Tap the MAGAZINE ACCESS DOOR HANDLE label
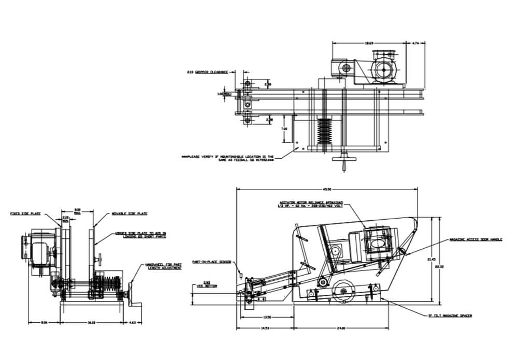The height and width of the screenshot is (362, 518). pyautogui.click(x=475, y=240)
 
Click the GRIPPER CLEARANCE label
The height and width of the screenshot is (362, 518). pyautogui.click(x=207, y=72)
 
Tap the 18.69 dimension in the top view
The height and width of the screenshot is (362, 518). pyautogui.click(x=369, y=43)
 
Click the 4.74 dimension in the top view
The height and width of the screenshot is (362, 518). pyautogui.click(x=416, y=43)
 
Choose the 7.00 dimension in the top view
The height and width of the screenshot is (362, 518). pyautogui.click(x=284, y=128)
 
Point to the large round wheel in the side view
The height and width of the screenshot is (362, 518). pyautogui.click(x=343, y=292)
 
